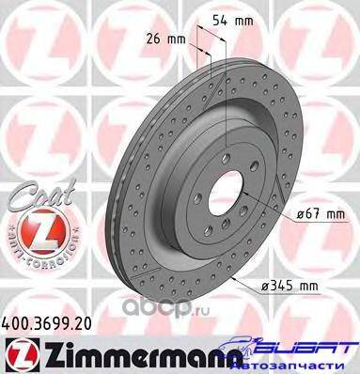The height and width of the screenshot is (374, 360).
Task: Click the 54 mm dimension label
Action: [232, 21]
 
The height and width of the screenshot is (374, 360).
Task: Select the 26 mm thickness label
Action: [165, 39]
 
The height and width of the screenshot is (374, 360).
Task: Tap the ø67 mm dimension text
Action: [321, 214]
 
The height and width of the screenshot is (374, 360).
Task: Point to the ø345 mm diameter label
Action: [290, 286]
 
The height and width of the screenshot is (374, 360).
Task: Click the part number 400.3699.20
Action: [46, 323]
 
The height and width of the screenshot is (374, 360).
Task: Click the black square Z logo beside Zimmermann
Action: [23, 355]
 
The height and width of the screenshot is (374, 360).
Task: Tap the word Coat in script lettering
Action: [43, 195]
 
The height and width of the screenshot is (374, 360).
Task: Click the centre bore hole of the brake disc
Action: [227, 190]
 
